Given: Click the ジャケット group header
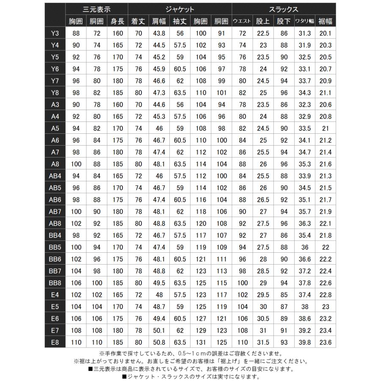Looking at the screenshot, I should click(x=180, y=9).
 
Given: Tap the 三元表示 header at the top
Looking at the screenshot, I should click(x=97, y=9).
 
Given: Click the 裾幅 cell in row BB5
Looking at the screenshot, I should click(x=326, y=247).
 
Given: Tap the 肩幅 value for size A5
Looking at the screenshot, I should click(x=159, y=128).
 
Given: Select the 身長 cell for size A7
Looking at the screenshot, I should click(x=118, y=152).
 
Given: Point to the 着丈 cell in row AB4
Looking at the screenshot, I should click(x=138, y=176).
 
